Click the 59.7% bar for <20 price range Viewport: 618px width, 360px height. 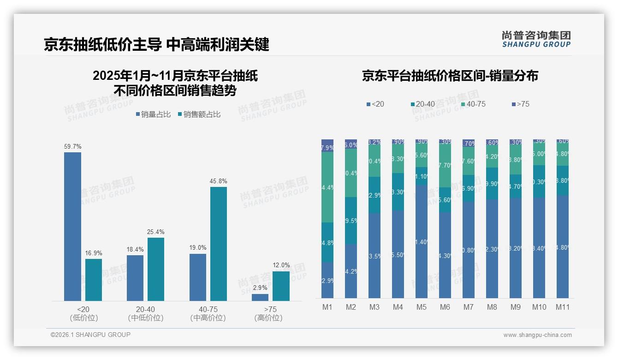pos(72,226)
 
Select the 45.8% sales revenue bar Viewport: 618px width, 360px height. pos(219,244)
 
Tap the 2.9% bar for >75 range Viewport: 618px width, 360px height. pos(260,297)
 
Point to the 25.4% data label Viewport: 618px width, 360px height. pos(156,232)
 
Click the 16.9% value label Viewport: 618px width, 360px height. pos(94,253)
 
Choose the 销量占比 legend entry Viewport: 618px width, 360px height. pos(154,114)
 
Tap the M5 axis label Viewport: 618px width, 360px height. pos(421,307)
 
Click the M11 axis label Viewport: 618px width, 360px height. pos(563,307)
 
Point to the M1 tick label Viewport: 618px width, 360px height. pos(327,307)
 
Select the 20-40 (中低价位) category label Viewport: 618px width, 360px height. pos(146,313)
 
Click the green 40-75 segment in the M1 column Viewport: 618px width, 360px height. pos(327,187)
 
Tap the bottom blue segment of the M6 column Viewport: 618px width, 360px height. pos(445,255)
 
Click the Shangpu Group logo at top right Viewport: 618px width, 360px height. pos(536,39)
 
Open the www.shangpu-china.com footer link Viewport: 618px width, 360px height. pos(537,335)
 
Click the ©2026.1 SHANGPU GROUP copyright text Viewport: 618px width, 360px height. pos(90,335)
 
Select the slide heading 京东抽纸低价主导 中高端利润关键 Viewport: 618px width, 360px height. pos(156,44)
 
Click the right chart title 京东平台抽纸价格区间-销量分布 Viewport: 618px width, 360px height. pos(450,76)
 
